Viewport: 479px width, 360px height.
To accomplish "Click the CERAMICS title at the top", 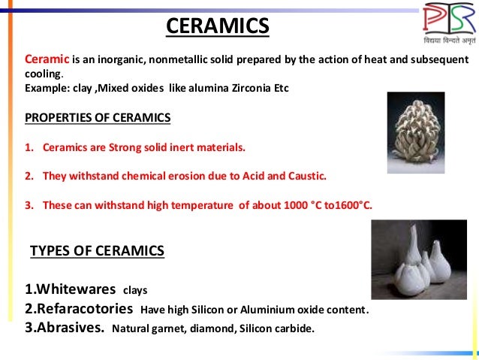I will pos(217,28).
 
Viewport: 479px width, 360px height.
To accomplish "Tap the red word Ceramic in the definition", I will pos(47,59).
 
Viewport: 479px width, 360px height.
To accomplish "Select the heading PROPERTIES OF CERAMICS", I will pos(98,117).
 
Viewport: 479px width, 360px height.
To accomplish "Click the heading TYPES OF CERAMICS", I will pos(97,250).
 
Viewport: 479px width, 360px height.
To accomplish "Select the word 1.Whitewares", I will pos(70,289).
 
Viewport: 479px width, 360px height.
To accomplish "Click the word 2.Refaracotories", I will pos(79,309).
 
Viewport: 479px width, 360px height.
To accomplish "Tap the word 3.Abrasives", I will pos(64,328).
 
